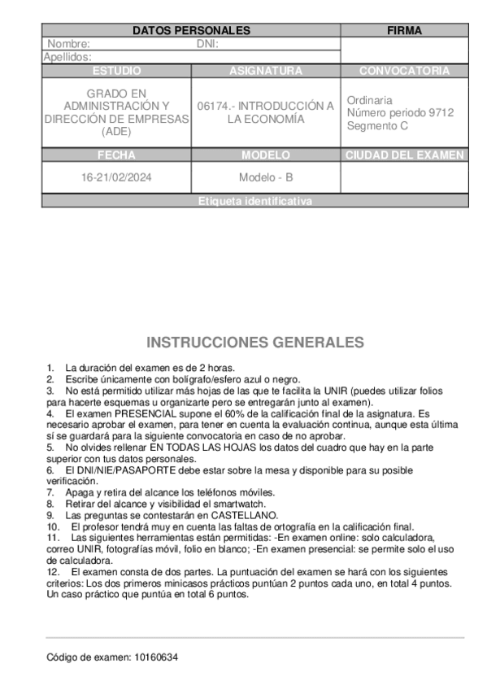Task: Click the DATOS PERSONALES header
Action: point(191,31)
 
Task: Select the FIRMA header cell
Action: point(404,31)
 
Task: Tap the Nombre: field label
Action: point(68,44)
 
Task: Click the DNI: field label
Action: point(208,44)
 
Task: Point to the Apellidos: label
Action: point(67,57)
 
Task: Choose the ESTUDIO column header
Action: point(116,71)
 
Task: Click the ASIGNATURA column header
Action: point(266,71)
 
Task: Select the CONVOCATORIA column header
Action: point(404,71)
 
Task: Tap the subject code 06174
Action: point(213,106)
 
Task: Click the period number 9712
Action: point(441,112)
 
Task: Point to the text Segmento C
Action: point(377,125)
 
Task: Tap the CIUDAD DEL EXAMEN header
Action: point(404,155)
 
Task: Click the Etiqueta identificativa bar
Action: point(254,201)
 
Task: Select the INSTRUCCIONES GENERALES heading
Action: point(254,342)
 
